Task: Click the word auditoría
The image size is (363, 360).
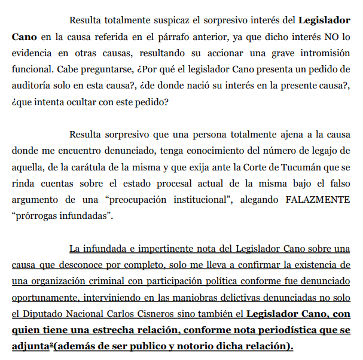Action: tap(29, 86)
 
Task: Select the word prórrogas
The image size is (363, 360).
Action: tap(37, 214)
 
